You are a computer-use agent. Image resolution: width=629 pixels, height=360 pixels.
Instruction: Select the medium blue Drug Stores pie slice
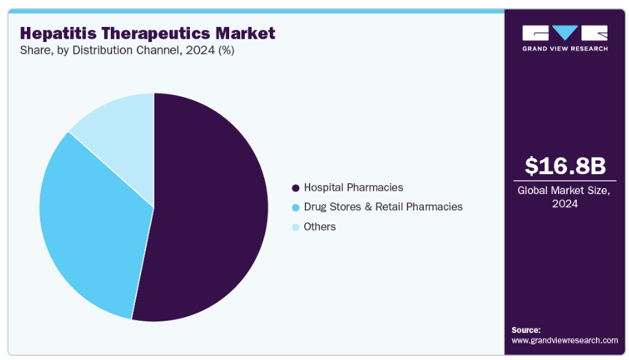point(89,227)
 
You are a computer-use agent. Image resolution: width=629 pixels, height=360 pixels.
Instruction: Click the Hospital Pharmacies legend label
point(353,187)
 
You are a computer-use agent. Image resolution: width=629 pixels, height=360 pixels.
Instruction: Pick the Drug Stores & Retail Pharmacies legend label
point(383,207)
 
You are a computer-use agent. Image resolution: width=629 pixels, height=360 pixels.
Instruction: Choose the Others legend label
point(319,226)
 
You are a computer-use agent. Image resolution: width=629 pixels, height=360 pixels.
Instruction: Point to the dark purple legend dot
point(296,188)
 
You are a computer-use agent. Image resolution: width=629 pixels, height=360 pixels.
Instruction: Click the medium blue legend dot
point(296,207)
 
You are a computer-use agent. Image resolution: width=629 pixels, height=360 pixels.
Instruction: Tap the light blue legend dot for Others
point(296,227)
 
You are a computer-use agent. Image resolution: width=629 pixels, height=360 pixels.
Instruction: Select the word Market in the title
point(244,33)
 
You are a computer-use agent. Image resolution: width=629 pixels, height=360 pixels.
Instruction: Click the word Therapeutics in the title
point(157,33)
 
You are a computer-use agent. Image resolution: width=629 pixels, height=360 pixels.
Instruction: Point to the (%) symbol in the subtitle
point(226,51)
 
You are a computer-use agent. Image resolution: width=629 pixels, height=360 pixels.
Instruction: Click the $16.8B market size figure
point(564,166)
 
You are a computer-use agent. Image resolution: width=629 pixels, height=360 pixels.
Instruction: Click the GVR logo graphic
point(564,33)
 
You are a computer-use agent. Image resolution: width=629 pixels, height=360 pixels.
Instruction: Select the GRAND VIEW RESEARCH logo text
point(564,49)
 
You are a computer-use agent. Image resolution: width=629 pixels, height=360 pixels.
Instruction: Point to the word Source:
point(526,330)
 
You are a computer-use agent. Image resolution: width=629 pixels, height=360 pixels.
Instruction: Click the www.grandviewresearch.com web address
point(564,340)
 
